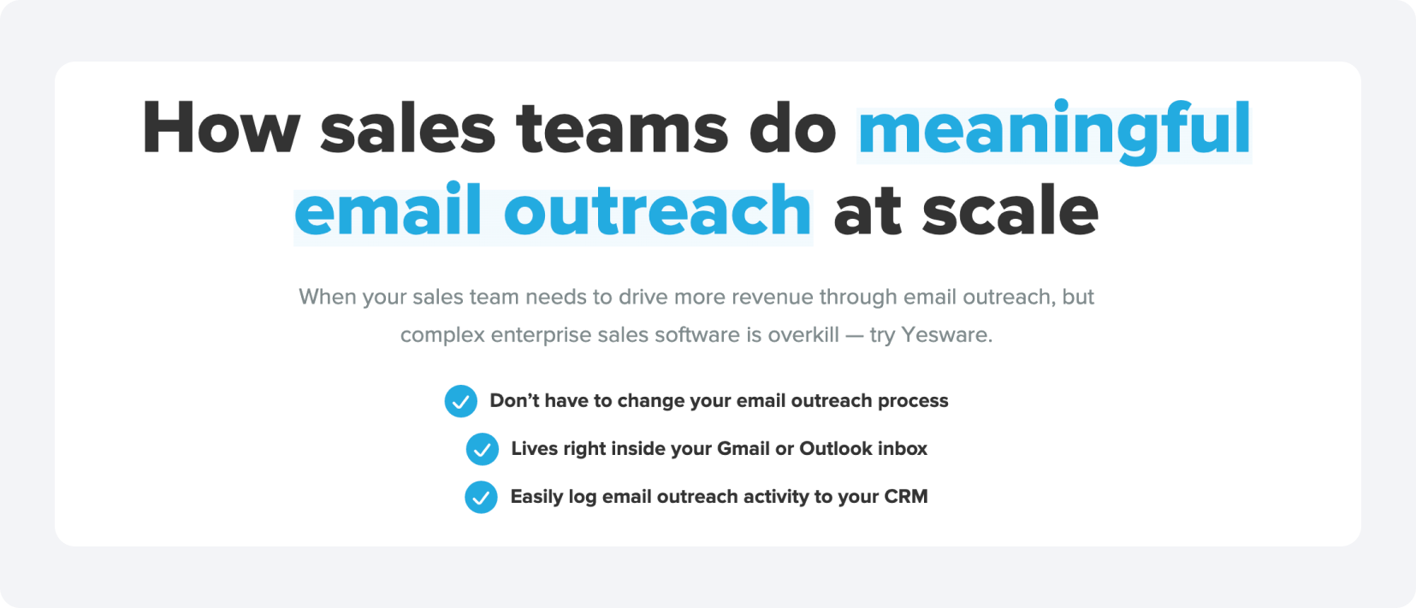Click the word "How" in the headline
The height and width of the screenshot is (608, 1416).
(221, 127)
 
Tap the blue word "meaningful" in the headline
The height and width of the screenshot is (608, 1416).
(1054, 132)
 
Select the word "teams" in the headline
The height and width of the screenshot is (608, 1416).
(622, 129)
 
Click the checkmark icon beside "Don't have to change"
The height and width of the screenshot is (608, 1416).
(461, 401)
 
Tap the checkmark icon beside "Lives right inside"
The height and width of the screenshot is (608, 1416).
(483, 449)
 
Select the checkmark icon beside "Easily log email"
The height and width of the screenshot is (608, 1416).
(481, 497)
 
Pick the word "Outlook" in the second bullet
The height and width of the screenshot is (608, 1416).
(836, 448)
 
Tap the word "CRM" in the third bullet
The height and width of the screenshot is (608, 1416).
(906, 497)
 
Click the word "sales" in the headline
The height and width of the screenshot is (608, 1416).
(407, 129)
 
